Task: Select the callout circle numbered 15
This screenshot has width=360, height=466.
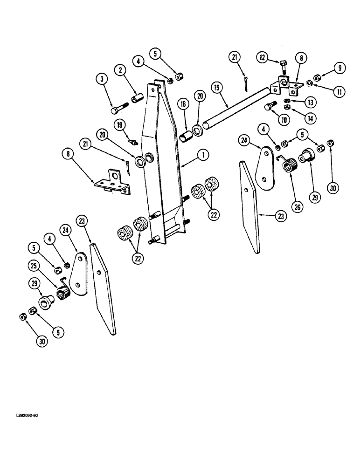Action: coord(216,87)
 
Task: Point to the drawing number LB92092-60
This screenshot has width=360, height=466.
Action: coord(22,415)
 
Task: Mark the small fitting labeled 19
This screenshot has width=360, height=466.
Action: coord(133,141)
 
